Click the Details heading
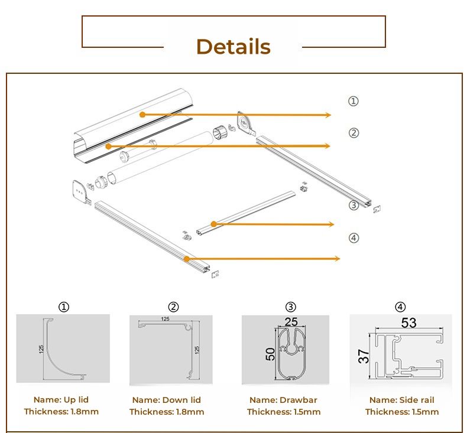(234, 47)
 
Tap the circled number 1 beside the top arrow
(354, 101)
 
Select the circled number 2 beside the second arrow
(354, 133)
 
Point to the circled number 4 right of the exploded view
(354, 238)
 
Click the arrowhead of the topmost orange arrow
(328, 115)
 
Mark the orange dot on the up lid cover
(142, 115)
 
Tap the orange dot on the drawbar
(213, 224)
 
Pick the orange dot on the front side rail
(186, 259)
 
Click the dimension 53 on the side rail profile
(408, 323)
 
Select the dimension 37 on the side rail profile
(364, 356)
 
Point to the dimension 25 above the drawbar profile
(291, 322)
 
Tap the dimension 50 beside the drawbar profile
(270, 354)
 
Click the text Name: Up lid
(61, 400)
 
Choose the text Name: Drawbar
(283, 400)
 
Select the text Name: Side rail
(402, 400)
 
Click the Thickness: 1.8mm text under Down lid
(167, 412)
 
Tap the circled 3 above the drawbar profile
(291, 307)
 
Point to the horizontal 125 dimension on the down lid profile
(165, 319)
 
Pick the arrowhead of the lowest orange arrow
(337, 258)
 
